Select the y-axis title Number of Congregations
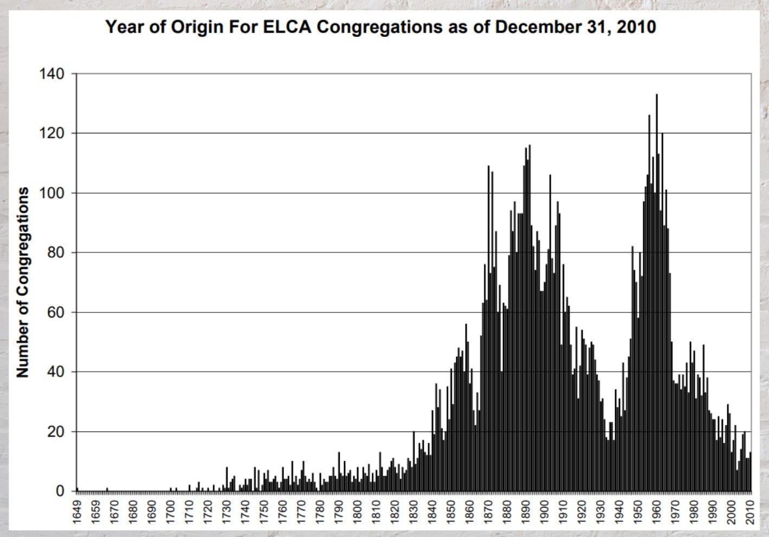[23, 282]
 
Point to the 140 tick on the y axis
[51, 74]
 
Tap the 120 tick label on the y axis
[51, 133]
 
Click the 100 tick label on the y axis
[51, 193]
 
